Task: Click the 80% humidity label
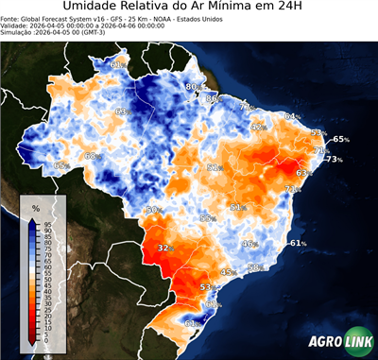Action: pyautogui.click(x=192, y=87)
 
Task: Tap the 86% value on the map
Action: pyautogui.click(x=213, y=98)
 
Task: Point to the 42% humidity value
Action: pyautogui.click(x=257, y=127)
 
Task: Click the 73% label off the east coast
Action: pyautogui.click(x=334, y=160)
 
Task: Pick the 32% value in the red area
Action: pyautogui.click(x=165, y=248)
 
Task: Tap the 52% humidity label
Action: pyautogui.click(x=215, y=167)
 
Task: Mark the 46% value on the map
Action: pyautogui.click(x=249, y=244)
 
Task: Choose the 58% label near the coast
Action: pyautogui.click(x=254, y=268)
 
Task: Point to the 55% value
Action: pyautogui.click(x=207, y=218)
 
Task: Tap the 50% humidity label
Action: pyautogui.click(x=153, y=210)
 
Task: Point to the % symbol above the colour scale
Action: pyautogui.click(x=36, y=207)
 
